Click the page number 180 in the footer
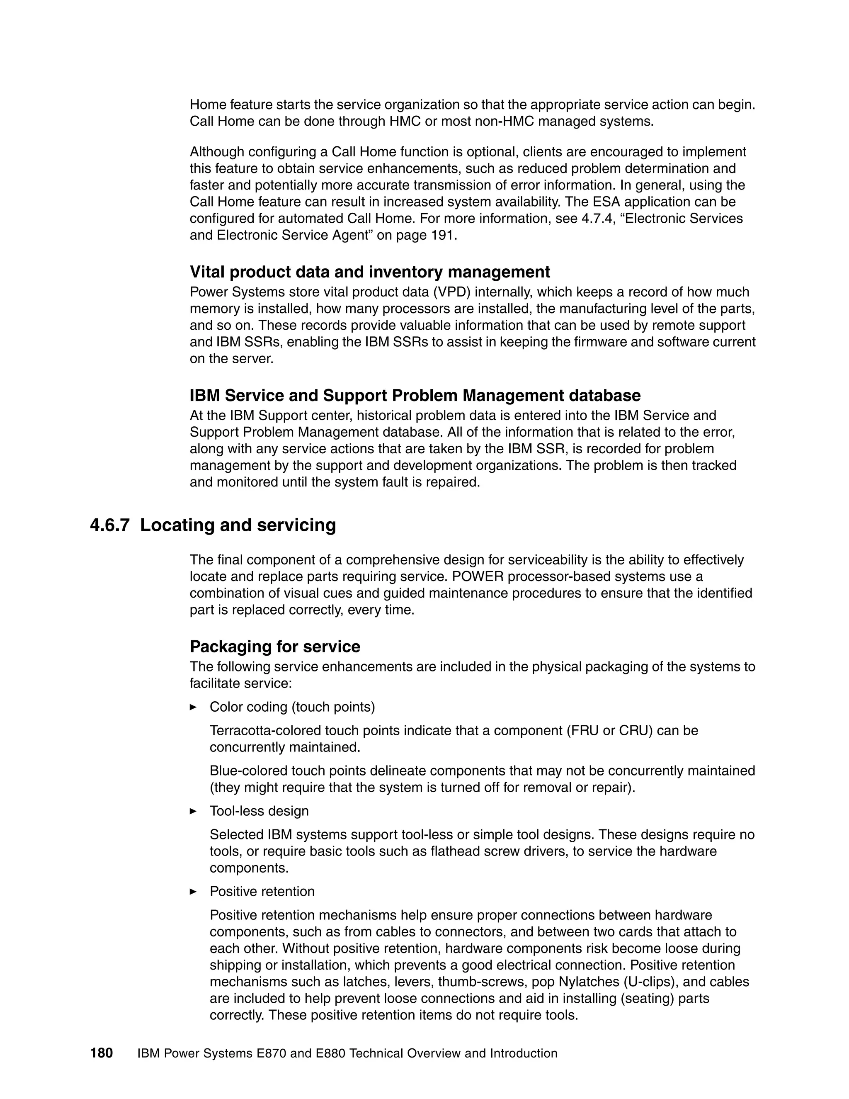click(x=101, y=1053)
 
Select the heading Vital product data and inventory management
click(x=370, y=272)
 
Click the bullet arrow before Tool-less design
click(x=193, y=811)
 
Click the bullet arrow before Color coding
click(x=193, y=707)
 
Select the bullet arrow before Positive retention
click(x=193, y=891)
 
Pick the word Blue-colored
click(x=243, y=771)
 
